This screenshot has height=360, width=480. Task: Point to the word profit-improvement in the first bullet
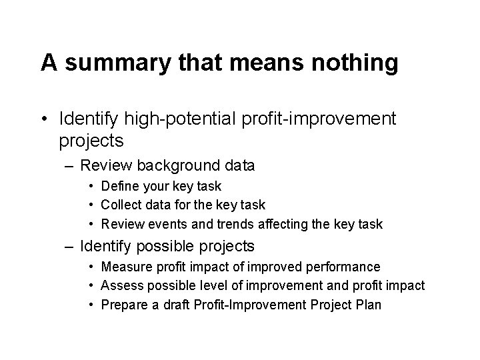coord(321,119)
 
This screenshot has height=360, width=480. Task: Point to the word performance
coord(345,267)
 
